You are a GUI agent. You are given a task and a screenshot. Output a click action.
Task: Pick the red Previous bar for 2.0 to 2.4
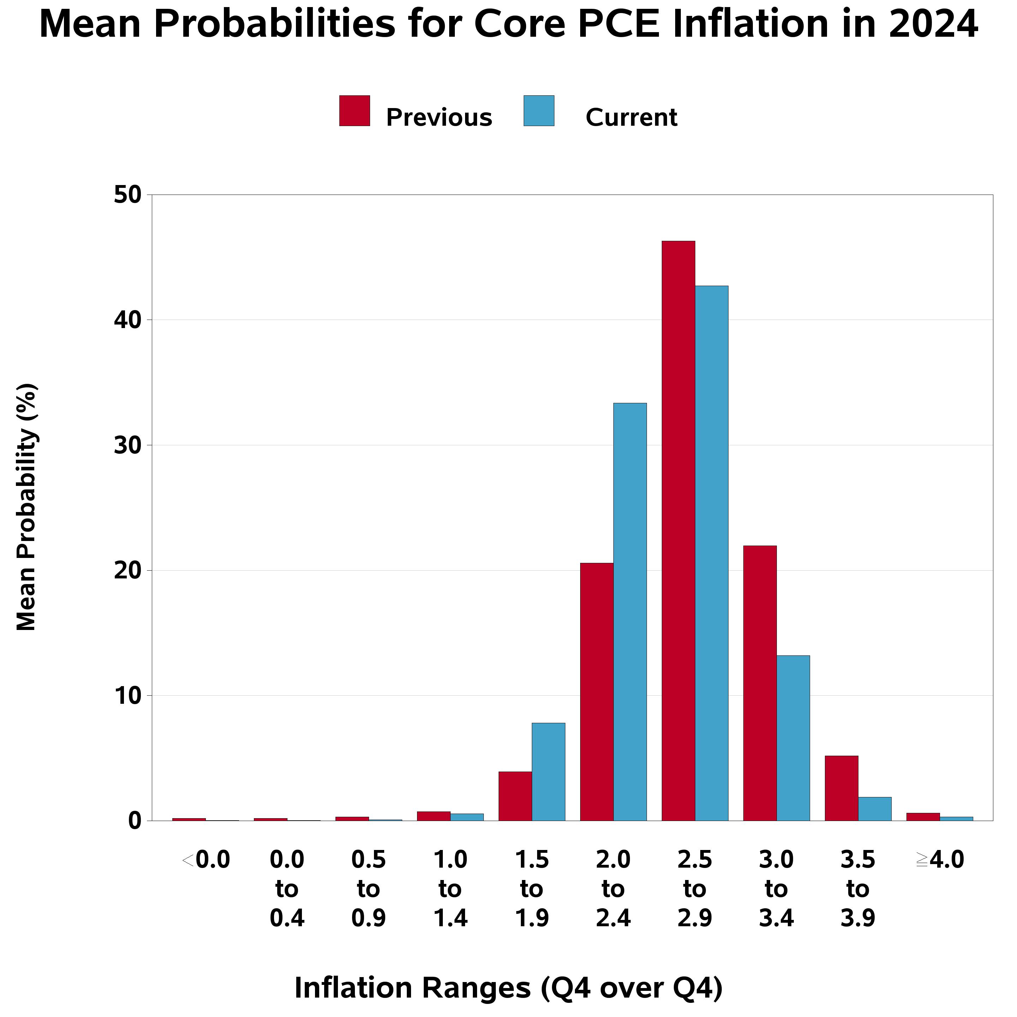coord(596,692)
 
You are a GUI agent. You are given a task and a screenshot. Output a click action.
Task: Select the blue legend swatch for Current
coord(539,111)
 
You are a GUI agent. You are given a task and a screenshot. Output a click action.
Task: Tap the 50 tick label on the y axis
coord(128,195)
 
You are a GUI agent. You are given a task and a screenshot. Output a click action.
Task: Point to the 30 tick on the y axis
coord(128,446)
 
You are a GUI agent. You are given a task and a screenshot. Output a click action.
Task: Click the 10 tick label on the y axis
coord(128,696)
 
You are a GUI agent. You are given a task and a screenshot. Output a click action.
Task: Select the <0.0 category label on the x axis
coord(206,860)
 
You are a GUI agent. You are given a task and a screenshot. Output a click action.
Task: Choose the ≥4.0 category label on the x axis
coord(940,860)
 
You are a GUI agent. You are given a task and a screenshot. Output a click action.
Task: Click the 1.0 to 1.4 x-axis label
coord(450,889)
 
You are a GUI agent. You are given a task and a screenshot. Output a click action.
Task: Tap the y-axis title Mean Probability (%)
coord(26,507)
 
